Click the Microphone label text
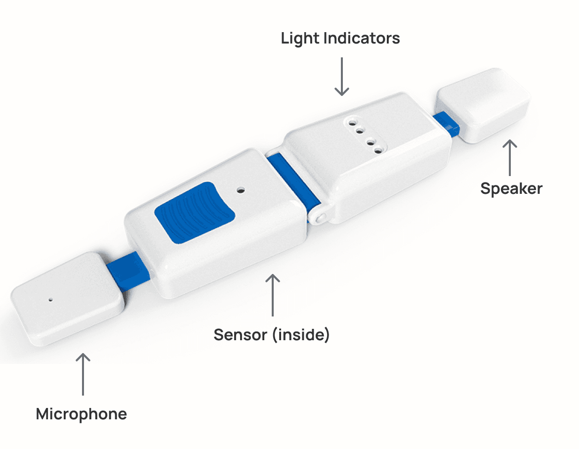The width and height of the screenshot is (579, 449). coord(82,414)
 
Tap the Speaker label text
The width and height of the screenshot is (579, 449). coord(511,188)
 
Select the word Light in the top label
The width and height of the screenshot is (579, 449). coord(299,38)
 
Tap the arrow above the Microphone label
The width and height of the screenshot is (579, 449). coord(83,374)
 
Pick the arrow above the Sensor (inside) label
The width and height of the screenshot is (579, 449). coord(272,295)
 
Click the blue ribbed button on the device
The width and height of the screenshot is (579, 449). coord(195,212)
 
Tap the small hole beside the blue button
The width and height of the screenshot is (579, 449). coord(241,189)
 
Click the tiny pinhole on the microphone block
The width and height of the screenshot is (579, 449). coord(50,299)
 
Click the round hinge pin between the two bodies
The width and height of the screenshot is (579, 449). coord(320,217)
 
